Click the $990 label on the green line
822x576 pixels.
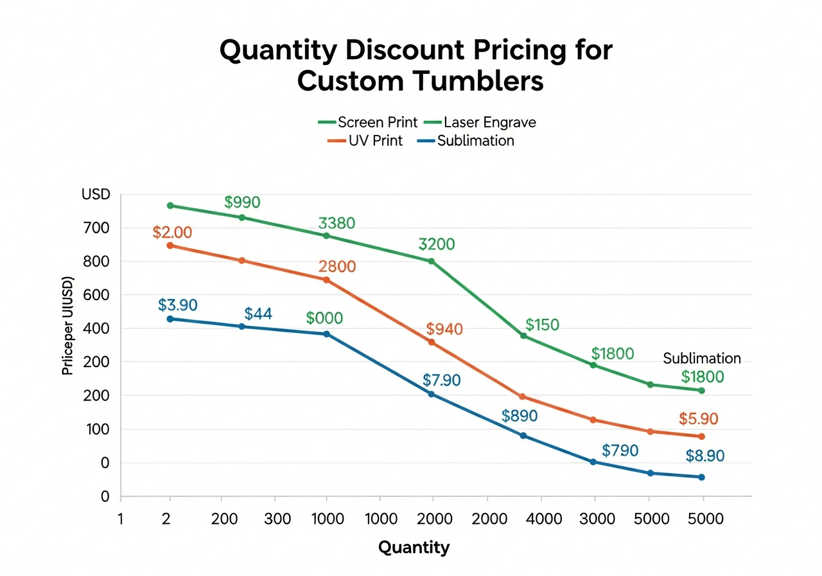click(242, 203)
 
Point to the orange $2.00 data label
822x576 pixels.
click(172, 233)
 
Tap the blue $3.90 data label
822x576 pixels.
click(178, 305)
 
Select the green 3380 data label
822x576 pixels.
click(337, 224)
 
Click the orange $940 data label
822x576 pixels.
click(444, 330)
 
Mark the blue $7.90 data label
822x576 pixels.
click(442, 381)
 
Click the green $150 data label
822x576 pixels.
click(542, 325)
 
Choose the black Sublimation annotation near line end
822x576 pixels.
click(702, 359)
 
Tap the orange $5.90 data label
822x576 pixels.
click(698, 419)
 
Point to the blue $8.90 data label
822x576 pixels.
click(704, 456)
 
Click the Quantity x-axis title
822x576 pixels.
click(414, 548)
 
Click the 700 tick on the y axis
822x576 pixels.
click(96, 228)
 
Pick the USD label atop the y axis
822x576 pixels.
click(96, 194)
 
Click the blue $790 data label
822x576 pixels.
click(620, 451)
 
